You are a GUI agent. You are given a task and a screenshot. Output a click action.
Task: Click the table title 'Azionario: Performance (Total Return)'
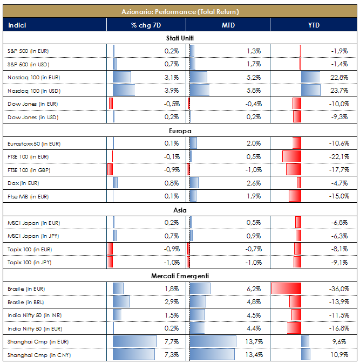pyautogui.click(x=180, y=11)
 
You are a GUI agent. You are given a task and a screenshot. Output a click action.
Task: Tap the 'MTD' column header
pyautogui.click(x=228, y=25)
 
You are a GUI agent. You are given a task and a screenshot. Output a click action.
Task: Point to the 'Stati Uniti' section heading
pyautogui.click(x=180, y=38)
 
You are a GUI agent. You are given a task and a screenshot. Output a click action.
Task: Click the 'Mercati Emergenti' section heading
pyautogui.click(x=180, y=276)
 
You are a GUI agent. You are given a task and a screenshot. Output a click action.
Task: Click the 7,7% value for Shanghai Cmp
pyautogui.click(x=171, y=341)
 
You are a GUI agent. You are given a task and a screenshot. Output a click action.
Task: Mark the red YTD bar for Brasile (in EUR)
pyautogui.click(x=286, y=289)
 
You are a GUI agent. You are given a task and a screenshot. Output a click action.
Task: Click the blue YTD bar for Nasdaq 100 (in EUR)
pyautogui.click(x=311, y=77)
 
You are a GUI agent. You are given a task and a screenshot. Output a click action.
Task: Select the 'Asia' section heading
pyautogui.click(x=180, y=209)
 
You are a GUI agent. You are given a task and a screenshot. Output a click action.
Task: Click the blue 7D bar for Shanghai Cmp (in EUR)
pyautogui.click(x=135, y=341)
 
